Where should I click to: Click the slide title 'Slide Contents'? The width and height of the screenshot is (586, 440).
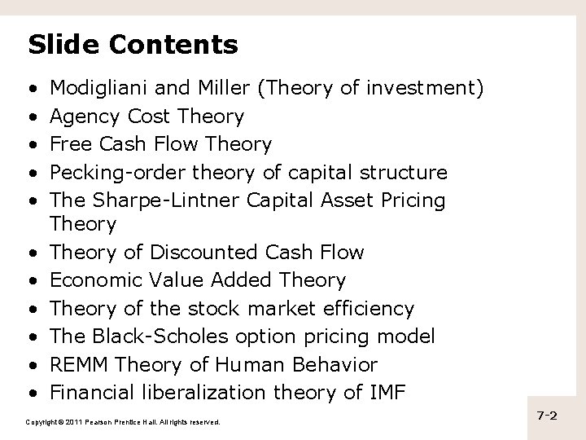tap(133, 44)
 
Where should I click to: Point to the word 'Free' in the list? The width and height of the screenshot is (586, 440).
tap(68, 144)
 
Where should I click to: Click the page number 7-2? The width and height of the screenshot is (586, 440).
tap(547, 416)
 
